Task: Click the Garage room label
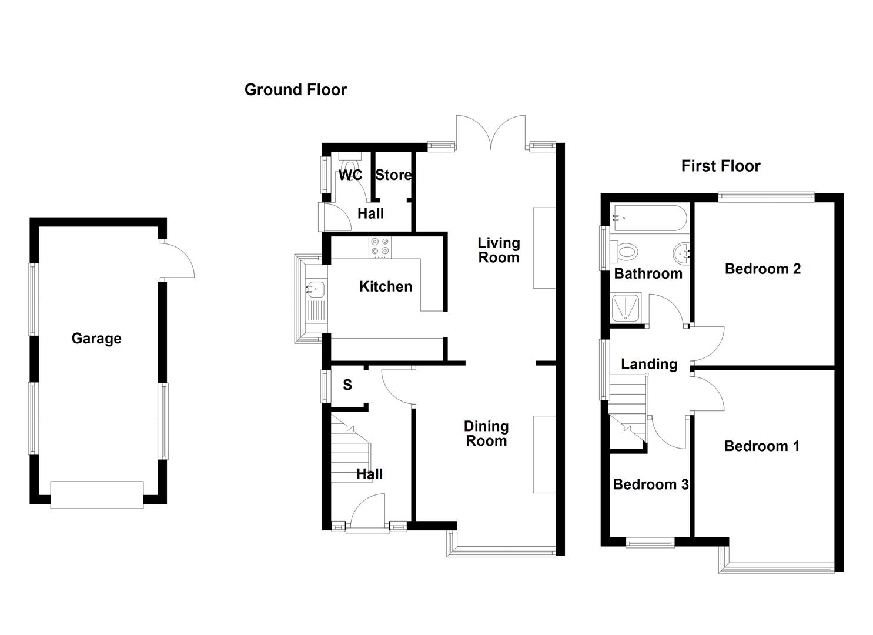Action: (96, 339)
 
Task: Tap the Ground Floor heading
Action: (295, 90)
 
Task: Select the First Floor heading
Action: (720, 166)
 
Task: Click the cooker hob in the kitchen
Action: (380, 247)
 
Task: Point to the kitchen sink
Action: (316, 289)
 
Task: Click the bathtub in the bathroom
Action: (648, 218)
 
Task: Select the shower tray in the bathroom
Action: (628, 308)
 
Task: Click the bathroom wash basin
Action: (681, 253)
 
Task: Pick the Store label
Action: (393, 175)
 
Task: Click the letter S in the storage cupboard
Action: (347, 385)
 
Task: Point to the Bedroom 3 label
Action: (650, 484)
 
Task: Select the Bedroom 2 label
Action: (762, 269)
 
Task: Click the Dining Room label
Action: (486, 434)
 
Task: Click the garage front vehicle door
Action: (97, 494)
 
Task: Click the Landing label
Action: (649, 365)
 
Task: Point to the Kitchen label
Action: (386, 287)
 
